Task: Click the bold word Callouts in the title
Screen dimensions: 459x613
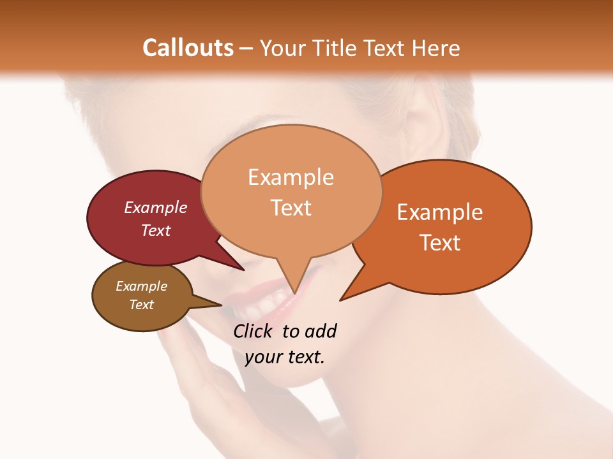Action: click(x=188, y=48)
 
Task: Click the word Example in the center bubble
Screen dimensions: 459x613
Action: click(x=291, y=177)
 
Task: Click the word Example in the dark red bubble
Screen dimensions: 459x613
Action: click(x=155, y=207)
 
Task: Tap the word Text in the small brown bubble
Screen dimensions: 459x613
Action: click(x=141, y=305)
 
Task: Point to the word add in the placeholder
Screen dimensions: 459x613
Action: click(x=320, y=331)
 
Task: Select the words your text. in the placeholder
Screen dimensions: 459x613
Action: click(x=284, y=357)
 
